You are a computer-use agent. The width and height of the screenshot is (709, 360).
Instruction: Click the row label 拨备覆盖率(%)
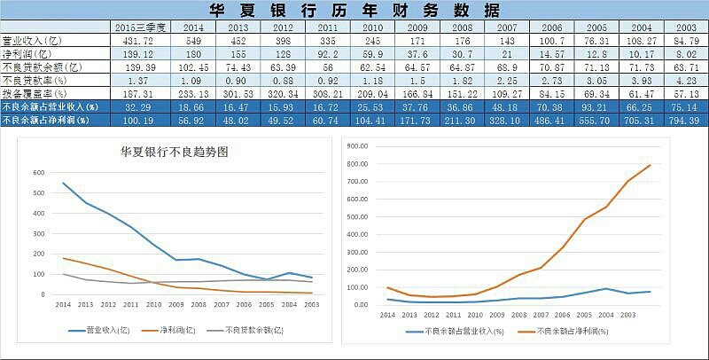(35, 93)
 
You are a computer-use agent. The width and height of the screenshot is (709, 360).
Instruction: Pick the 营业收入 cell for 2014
(194, 41)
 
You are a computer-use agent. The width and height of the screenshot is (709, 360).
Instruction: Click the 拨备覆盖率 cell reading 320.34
(282, 93)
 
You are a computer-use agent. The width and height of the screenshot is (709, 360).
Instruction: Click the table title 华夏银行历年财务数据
(354, 11)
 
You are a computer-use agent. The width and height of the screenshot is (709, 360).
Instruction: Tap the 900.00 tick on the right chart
(357, 145)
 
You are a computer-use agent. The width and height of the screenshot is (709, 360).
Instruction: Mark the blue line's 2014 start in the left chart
(64, 184)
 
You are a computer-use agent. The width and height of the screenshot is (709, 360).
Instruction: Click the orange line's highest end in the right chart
(650, 165)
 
